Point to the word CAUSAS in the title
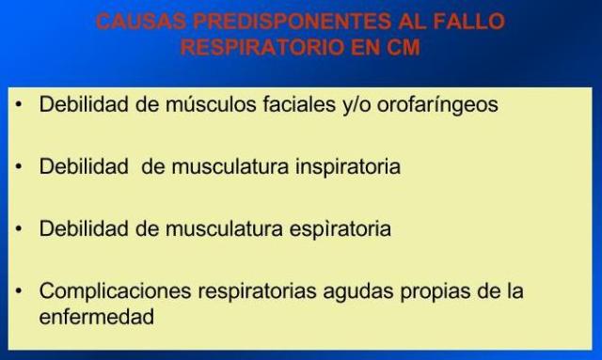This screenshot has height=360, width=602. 132,22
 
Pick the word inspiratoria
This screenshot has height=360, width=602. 334,166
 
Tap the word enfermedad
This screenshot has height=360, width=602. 97,317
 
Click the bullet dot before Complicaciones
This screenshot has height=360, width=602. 19,291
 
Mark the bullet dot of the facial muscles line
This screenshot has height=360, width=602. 19,104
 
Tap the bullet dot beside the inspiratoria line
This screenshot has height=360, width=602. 19,166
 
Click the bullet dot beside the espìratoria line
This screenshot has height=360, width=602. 19,228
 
